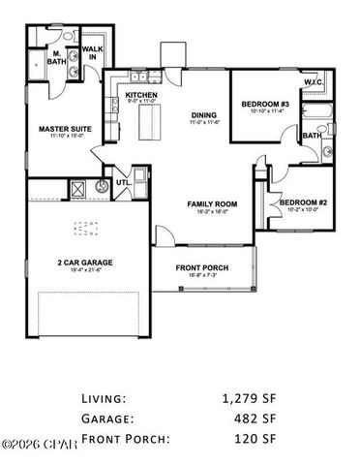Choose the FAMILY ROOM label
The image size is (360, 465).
point(206,204)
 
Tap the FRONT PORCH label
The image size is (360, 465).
point(201,268)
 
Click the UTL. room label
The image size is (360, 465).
point(123,181)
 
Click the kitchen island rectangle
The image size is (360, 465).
point(150,121)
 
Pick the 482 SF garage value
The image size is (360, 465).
point(257,418)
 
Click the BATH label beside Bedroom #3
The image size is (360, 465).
point(311,137)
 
